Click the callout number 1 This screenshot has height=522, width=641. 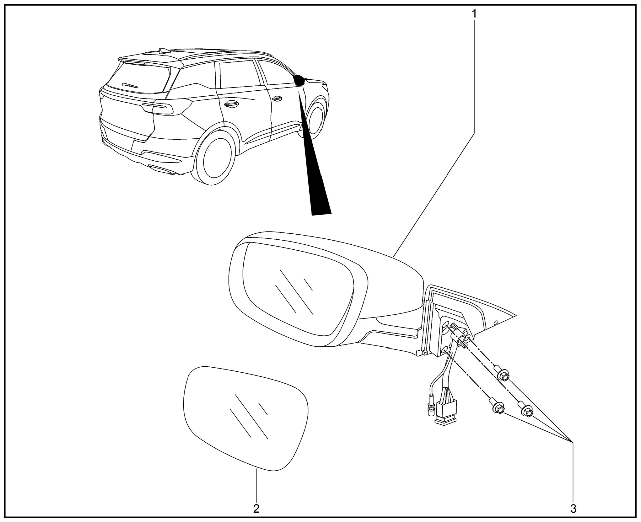[474, 14]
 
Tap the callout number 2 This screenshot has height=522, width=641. [256, 509]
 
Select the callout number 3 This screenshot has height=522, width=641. [573, 509]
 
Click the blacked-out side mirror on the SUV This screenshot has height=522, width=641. [300, 80]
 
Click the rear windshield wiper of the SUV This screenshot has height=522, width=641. [131, 86]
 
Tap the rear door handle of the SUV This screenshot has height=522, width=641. [231, 104]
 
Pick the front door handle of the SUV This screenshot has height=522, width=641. [276, 99]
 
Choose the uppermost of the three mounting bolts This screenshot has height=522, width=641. [503, 375]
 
